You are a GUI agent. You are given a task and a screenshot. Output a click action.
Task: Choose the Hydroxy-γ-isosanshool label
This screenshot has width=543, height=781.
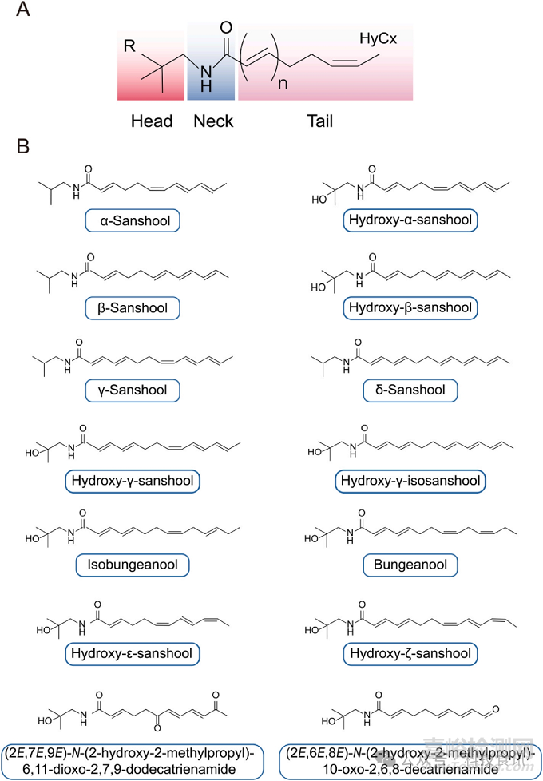click(x=410, y=481)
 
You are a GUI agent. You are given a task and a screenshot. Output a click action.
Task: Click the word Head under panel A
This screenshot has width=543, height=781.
click(x=151, y=121)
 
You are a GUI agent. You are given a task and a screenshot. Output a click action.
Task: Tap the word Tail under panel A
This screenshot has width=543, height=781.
click(x=319, y=121)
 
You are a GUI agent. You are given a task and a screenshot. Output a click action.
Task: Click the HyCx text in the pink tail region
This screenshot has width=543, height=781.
click(x=378, y=38)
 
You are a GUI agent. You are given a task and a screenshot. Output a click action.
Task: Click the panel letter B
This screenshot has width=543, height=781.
click(x=24, y=147)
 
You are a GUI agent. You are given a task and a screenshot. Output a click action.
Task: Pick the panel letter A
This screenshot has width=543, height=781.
click(x=24, y=11)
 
